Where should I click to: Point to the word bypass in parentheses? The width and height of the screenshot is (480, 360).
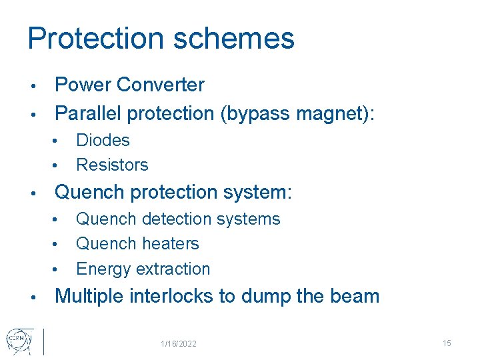coord(263,114)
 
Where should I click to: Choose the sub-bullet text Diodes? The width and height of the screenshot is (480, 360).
coord(103,140)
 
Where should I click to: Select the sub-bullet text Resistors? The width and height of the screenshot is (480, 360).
coord(112,165)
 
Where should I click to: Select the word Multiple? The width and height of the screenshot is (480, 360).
coord(91,296)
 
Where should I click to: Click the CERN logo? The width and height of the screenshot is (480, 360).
coord(16,341)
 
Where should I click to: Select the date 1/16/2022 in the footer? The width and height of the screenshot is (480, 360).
coord(178,344)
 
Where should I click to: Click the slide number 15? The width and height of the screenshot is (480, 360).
coord(447,343)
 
